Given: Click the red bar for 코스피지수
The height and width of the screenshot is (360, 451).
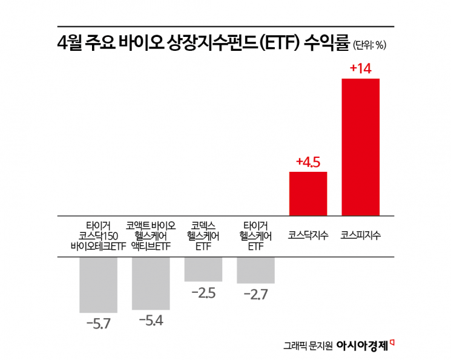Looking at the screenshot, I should coord(361,147).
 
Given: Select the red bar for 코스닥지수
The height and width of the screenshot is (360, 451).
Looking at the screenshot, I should coord(308,194).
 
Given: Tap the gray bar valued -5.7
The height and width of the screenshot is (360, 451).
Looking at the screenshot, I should coord(98,284).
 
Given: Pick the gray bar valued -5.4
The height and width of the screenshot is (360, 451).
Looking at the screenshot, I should coord(151,283).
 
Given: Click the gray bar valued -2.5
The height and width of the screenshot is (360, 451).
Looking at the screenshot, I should coord(203,269).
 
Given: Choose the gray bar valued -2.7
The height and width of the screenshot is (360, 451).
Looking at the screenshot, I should coord(255,270).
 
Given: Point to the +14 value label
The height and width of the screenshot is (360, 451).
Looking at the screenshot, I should coord(360,69).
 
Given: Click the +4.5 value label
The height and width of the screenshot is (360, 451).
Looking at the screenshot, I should coord(308,162).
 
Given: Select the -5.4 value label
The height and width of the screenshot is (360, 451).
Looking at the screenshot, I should coord(151,320).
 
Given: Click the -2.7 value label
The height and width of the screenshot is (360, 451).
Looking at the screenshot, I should coord(255,295).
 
